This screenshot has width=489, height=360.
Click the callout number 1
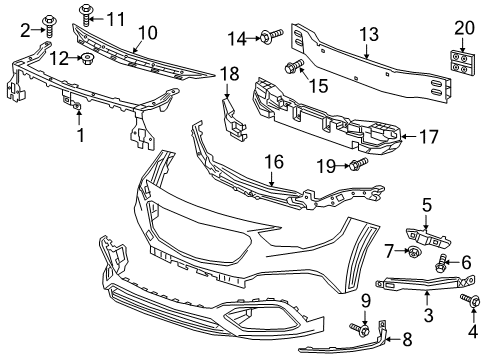(x=81, y=134)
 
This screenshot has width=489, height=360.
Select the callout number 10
(x=147, y=33)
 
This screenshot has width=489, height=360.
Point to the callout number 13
(x=369, y=34)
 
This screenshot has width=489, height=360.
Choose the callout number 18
(x=229, y=73)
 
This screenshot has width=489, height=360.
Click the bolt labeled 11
(x=86, y=17)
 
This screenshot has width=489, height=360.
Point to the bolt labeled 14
(x=271, y=38)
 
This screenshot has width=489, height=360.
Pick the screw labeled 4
(x=466, y=300)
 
